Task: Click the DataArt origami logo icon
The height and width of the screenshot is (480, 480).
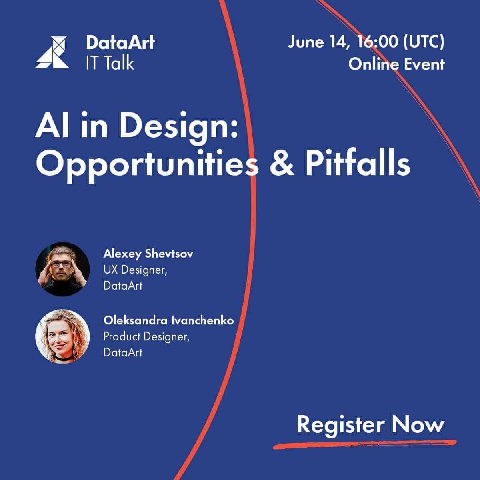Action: [52, 52]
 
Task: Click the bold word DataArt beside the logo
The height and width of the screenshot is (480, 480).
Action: [120, 42]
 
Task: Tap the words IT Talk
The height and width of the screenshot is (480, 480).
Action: [110, 62]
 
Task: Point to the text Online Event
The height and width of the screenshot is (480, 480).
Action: [396, 64]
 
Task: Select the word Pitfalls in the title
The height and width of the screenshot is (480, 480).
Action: [358, 162]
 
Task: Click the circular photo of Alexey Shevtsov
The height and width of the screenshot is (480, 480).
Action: [62, 269]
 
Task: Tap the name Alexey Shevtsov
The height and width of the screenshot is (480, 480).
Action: [148, 254]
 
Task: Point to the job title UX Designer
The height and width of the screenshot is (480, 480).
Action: [135, 270]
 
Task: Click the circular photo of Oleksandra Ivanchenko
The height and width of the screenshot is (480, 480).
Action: [62, 336]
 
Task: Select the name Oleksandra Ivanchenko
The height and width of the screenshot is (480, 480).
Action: [169, 320]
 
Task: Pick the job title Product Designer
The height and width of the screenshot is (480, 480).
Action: [146, 337]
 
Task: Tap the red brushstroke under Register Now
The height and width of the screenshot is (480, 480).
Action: [364, 444]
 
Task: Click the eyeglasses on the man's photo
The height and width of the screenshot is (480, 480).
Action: [61, 264]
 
